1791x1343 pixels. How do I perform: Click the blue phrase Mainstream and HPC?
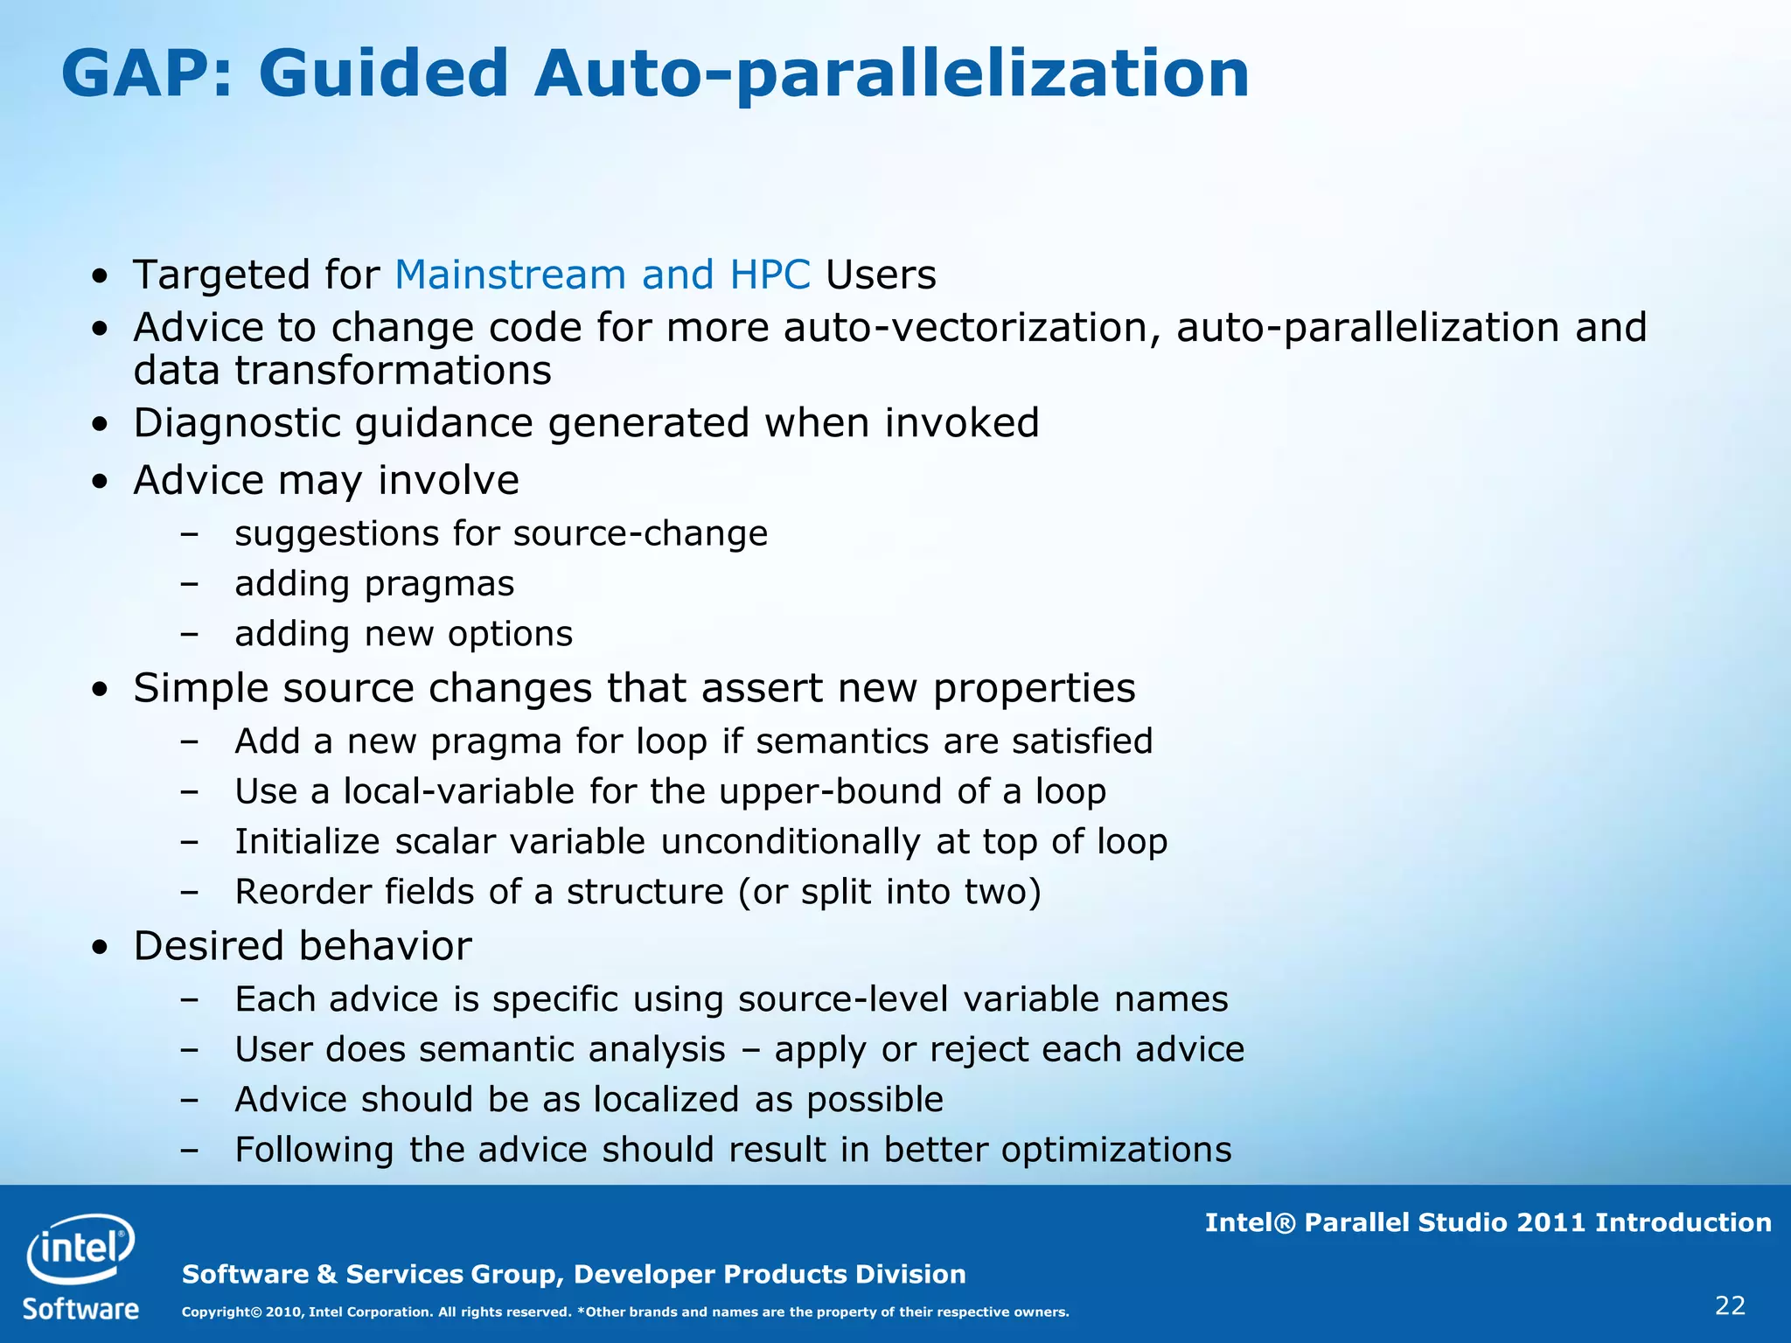(603, 275)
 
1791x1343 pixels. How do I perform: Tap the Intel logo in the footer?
(80, 1248)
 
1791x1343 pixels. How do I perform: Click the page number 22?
(1730, 1305)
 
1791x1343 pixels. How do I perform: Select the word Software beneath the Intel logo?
(80, 1309)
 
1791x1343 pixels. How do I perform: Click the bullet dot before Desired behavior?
(101, 948)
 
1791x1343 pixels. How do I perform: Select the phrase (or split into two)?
(889, 892)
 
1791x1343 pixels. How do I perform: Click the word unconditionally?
(790, 842)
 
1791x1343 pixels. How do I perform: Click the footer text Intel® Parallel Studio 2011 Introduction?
(1488, 1222)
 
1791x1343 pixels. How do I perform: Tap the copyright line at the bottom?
(624, 1312)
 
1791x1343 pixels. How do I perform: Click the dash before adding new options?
(188, 634)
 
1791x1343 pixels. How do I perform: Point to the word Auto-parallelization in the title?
(891, 73)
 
